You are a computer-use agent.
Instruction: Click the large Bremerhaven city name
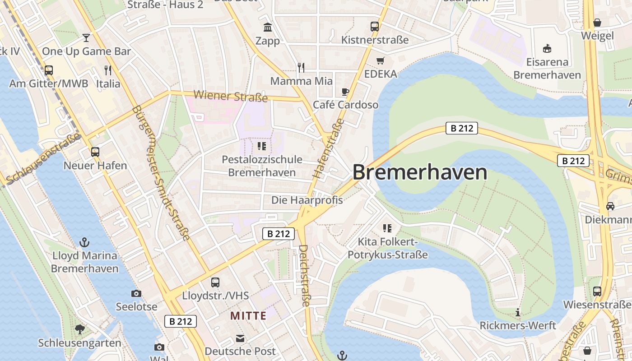pos(420,172)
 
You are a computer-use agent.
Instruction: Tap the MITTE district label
pos(248,315)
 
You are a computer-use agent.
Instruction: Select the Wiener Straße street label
pos(230,96)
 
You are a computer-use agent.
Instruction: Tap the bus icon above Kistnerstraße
pos(375,27)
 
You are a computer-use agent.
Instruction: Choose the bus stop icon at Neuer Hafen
pos(95,152)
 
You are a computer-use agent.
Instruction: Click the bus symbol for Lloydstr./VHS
pos(215,282)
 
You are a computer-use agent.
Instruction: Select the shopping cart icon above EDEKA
pos(381,60)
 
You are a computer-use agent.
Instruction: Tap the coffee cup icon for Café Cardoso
pos(345,92)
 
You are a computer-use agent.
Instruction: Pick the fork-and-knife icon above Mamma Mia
pos(301,68)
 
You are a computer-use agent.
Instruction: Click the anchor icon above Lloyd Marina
pos(84,242)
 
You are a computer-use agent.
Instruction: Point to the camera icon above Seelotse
pos(136,294)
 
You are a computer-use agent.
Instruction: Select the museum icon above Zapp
pos(268,28)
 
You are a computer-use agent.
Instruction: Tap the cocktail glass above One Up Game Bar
pos(86,37)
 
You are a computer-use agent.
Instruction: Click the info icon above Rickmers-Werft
pos(518,312)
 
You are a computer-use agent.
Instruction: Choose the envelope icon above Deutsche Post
pos(240,338)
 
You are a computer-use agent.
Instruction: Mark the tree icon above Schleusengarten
pos(80,329)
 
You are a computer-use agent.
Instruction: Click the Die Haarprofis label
pos(307,200)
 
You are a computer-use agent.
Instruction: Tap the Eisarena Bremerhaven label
pos(547,68)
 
